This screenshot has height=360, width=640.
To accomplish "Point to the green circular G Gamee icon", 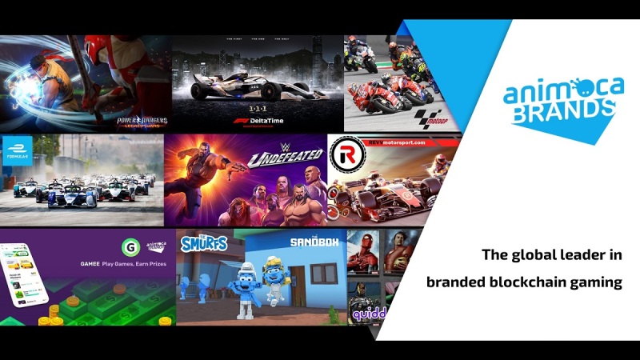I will pyautogui.click(x=128, y=245).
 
